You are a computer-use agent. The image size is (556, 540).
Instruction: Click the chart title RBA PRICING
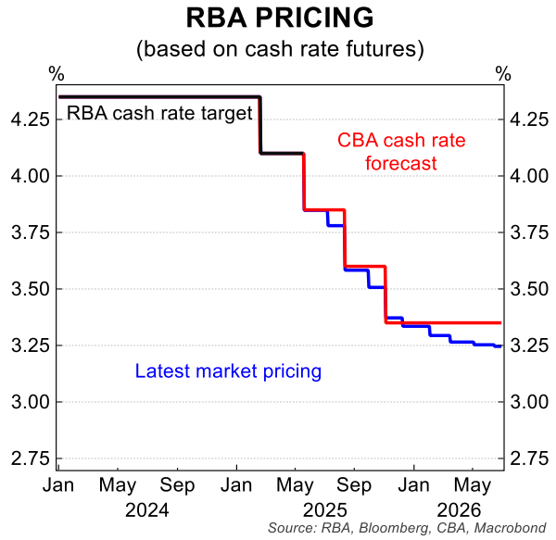click(278, 19)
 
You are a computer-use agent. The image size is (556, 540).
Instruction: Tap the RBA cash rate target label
click(159, 115)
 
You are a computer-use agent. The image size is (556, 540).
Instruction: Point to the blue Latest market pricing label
click(228, 371)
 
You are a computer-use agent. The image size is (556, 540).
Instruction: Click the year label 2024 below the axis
click(147, 509)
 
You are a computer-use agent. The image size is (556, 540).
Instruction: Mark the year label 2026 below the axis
click(458, 509)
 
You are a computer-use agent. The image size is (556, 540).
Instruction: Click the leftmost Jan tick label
click(58, 484)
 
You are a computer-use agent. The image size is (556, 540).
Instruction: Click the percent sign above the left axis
click(57, 73)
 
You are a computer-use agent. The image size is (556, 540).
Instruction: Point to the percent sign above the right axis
click(502, 73)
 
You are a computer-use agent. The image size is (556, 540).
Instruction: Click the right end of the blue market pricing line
click(501, 346)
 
